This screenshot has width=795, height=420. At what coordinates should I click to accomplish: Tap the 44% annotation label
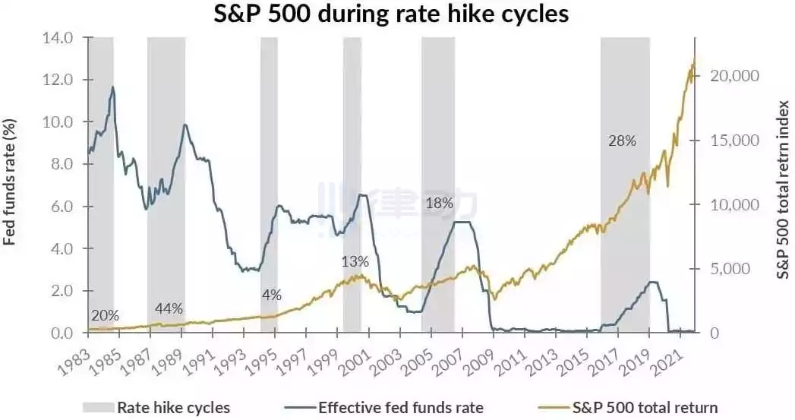169,308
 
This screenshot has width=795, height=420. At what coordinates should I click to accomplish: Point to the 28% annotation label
622,141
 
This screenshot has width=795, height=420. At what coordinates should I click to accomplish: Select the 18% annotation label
439,204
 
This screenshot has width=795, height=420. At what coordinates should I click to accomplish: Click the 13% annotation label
355,262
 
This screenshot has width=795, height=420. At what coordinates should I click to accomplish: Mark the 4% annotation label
272,295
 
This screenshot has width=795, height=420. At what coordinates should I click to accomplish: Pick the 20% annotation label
105,316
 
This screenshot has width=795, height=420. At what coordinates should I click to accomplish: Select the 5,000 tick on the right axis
730,268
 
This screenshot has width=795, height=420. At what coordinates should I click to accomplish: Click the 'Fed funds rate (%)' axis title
10,182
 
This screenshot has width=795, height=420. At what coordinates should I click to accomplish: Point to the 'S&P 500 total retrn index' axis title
784,189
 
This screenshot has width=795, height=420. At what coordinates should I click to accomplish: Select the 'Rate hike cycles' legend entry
156,408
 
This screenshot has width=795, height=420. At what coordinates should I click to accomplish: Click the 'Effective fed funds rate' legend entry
383,408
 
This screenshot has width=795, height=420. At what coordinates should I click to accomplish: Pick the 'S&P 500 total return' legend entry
627,408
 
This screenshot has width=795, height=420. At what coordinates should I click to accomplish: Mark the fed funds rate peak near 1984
112,87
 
